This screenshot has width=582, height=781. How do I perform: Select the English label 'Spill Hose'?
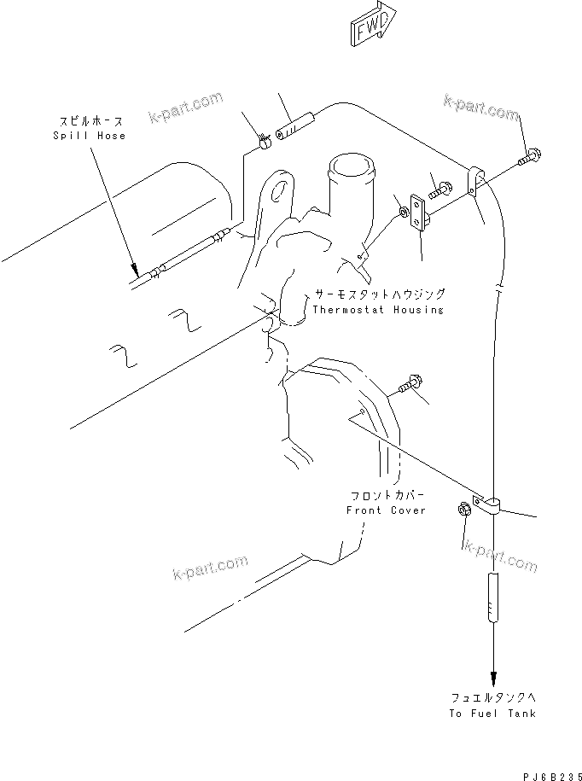(89, 136)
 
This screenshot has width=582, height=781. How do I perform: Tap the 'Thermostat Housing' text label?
(377, 310)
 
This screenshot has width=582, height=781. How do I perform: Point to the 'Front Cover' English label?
(385, 510)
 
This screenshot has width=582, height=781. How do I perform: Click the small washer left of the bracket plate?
(400, 210)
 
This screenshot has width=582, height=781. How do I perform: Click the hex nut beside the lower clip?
(465, 510)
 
